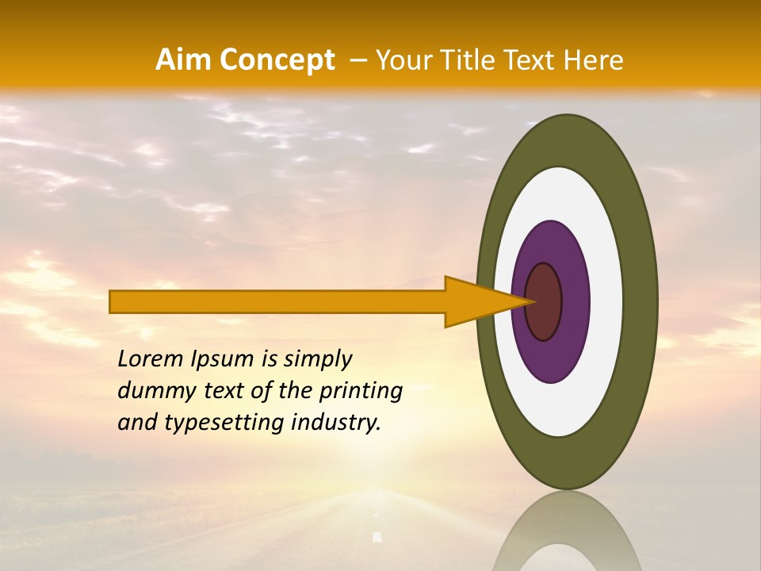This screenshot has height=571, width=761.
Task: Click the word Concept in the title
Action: coord(277,60)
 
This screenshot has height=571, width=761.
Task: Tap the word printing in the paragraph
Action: coord(361,391)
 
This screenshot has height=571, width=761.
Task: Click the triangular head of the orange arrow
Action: coord(476,301)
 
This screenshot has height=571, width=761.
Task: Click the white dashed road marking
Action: coord(377,536)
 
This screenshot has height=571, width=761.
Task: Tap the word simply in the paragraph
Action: coord(317,359)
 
